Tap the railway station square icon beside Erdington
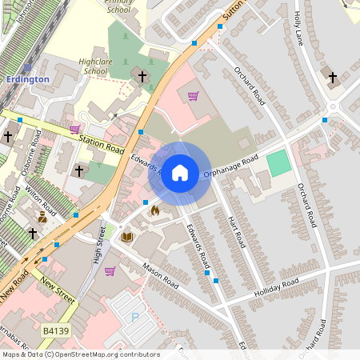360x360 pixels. click(27, 67)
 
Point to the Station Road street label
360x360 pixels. click(102, 145)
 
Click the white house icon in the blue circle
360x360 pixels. click(180, 173)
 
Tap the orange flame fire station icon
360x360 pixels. click(154, 211)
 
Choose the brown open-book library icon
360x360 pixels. click(126, 237)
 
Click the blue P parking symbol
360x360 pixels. click(135, 317)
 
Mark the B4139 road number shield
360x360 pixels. click(56, 330)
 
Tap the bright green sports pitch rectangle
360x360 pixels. click(278, 163)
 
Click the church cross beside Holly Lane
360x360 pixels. click(333, 77)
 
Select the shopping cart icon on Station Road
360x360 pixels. click(74, 129)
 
